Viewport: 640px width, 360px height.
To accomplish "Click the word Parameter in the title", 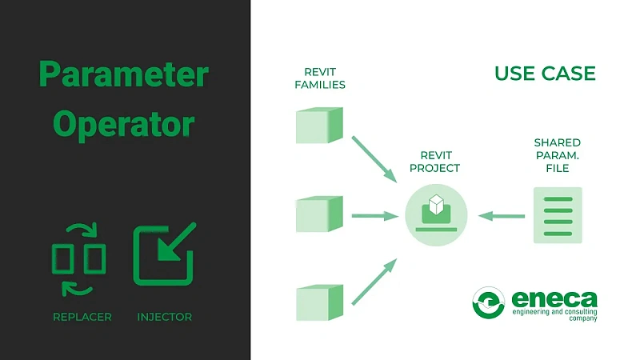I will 124,75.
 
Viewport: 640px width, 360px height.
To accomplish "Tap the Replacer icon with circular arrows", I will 78,258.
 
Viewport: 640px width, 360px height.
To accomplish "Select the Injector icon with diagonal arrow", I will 164,254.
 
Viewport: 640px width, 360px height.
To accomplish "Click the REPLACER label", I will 82,317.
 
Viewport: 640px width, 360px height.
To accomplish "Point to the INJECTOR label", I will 164,317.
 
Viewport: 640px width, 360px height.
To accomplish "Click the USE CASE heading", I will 545,74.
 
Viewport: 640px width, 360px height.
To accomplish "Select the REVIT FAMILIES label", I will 320,77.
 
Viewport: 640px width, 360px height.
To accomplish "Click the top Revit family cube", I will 319,126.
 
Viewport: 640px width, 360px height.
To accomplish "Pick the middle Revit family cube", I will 319,214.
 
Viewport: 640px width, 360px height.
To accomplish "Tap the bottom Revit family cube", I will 319,302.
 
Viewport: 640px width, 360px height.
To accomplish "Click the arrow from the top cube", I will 374,157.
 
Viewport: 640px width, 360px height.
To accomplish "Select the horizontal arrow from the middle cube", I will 374,215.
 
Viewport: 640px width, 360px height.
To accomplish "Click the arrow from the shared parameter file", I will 502,215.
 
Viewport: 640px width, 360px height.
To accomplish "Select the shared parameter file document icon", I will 558,215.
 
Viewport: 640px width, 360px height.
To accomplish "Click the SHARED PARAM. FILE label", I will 558,155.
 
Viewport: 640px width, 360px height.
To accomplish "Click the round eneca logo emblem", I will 489,304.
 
